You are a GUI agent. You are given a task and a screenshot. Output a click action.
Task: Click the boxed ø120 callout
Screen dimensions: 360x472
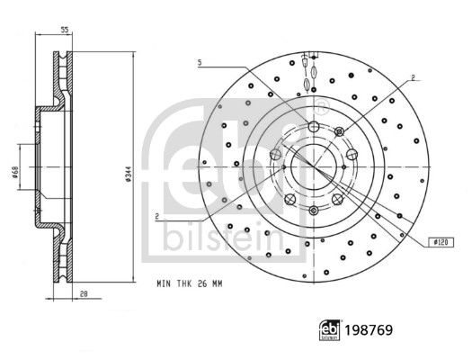[x=441, y=242]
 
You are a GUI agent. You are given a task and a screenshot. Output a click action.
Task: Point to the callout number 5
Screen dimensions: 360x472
[x=200, y=62]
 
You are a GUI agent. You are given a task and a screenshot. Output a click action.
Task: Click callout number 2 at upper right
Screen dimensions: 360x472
[x=411, y=78]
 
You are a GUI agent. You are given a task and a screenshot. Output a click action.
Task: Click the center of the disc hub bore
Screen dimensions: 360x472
[x=314, y=166]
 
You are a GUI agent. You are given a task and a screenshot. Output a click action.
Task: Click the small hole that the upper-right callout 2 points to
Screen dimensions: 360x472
[x=339, y=133]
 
